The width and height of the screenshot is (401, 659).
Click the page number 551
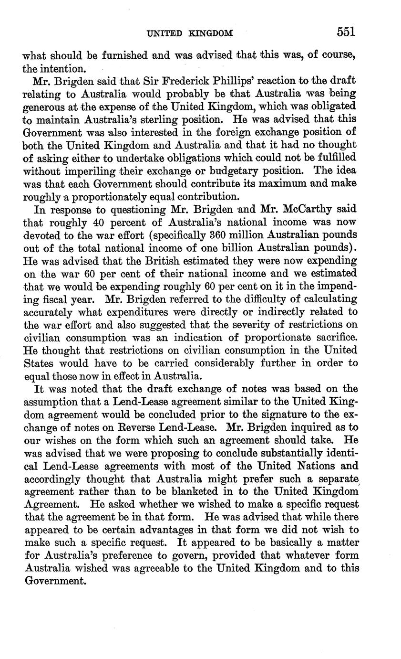(x=346, y=32)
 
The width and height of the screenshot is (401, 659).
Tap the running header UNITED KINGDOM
(x=190, y=33)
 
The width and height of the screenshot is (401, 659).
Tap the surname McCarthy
(x=313, y=209)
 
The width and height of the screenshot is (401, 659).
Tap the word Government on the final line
(x=54, y=581)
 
